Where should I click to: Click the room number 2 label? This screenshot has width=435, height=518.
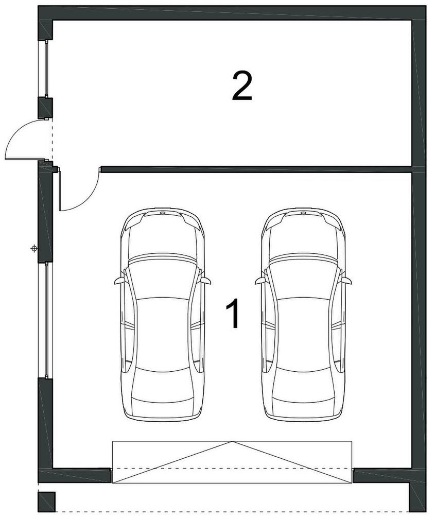[242, 87]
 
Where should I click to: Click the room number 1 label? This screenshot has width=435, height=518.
[234, 313]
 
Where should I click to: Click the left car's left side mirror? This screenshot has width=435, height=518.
[119, 281]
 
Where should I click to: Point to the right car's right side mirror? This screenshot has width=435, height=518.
[346, 281]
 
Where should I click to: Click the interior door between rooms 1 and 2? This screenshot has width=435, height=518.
[79, 195]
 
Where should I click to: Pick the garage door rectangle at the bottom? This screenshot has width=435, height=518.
[232, 462]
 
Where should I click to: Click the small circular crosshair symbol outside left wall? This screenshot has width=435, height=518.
[33, 248]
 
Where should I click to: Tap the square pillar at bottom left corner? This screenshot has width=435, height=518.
[46, 502]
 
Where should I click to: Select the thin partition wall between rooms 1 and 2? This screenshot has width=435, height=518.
[256, 169]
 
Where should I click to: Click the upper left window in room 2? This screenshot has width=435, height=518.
[46, 68]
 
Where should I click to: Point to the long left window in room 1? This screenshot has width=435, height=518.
[46, 320]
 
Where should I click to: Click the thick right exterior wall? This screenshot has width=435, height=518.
[419, 251]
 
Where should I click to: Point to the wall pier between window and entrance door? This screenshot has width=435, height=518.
[46, 108]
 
